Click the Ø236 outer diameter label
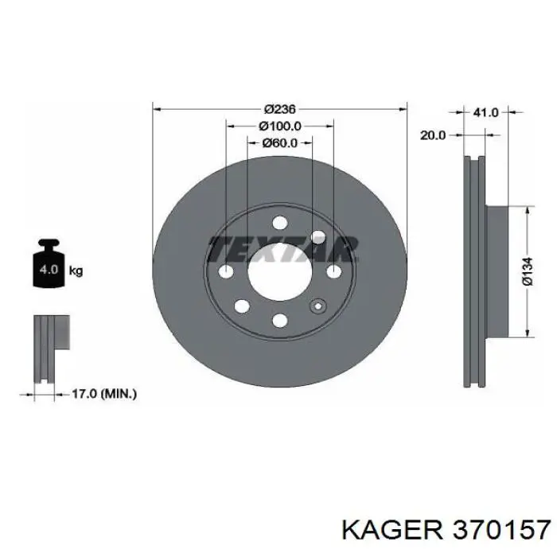(280, 108)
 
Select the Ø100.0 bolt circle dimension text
(279, 126)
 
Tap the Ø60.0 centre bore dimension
(279, 143)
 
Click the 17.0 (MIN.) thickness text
(104, 393)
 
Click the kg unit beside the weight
(76, 271)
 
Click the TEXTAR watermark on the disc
(282, 249)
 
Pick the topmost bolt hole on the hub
(279, 224)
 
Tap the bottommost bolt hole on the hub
(279, 320)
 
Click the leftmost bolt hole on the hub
(227, 272)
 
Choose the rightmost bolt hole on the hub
(333, 272)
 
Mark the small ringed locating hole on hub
(319, 306)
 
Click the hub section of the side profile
(497, 271)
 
